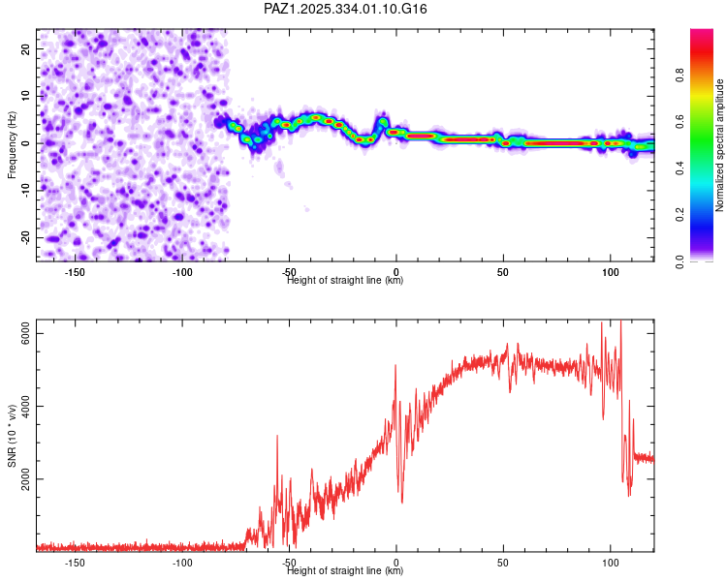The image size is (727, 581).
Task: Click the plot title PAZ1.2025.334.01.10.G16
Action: click(346, 9)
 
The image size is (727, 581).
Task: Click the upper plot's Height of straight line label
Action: click(345, 280)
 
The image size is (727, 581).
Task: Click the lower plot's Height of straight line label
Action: click(345, 570)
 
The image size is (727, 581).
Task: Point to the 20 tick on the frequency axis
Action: click(26, 47)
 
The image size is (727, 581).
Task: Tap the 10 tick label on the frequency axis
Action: click(26, 95)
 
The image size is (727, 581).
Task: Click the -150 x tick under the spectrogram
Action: click(75, 272)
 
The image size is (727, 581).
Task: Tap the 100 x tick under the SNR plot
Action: click(611, 563)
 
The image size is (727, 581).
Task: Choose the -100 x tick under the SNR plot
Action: click(181, 563)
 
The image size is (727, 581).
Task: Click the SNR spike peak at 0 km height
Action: click(395, 366)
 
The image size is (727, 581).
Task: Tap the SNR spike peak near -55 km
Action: click(277, 437)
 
